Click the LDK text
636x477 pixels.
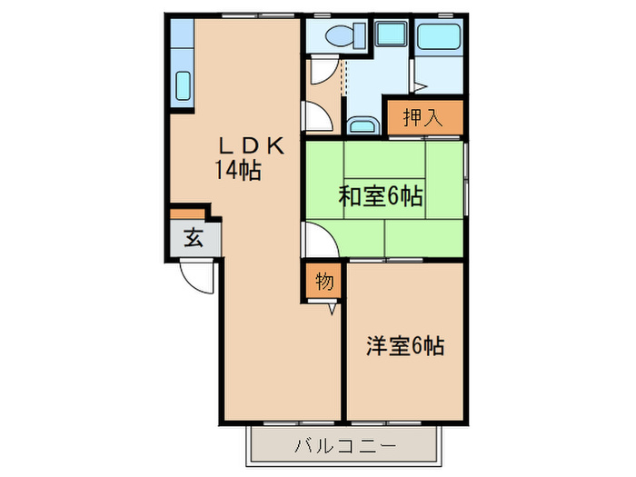point(252,145)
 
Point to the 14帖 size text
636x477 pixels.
point(238,170)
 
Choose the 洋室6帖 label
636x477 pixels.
point(404,346)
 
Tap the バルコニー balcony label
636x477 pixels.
point(344,446)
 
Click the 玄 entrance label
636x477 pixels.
point(194,239)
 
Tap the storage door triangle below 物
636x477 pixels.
point(332,307)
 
